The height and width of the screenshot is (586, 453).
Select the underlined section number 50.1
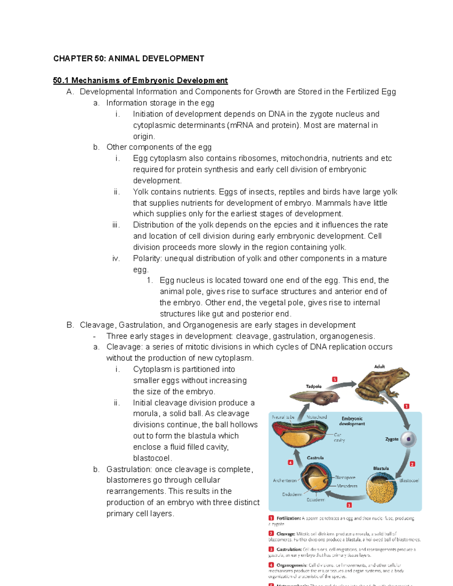click(61, 80)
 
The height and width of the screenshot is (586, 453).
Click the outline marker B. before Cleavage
click(70, 325)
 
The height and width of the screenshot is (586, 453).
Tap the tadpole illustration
click(315, 397)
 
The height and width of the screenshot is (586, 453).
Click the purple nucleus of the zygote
click(408, 439)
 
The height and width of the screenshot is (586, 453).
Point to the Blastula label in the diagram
click(381, 468)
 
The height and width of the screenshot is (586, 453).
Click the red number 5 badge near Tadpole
click(334, 379)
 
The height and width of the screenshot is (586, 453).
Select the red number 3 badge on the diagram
click(349, 505)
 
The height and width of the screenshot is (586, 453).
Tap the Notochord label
click(316, 417)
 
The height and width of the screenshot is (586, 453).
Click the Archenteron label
click(285, 480)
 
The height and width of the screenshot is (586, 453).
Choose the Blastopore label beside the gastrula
click(345, 477)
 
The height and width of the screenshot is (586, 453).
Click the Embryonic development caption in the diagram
click(352, 421)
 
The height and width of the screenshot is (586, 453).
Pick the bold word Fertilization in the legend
click(288, 518)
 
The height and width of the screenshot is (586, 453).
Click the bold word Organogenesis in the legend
click(292, 565)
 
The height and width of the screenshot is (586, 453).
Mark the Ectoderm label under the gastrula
click(315, 500)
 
